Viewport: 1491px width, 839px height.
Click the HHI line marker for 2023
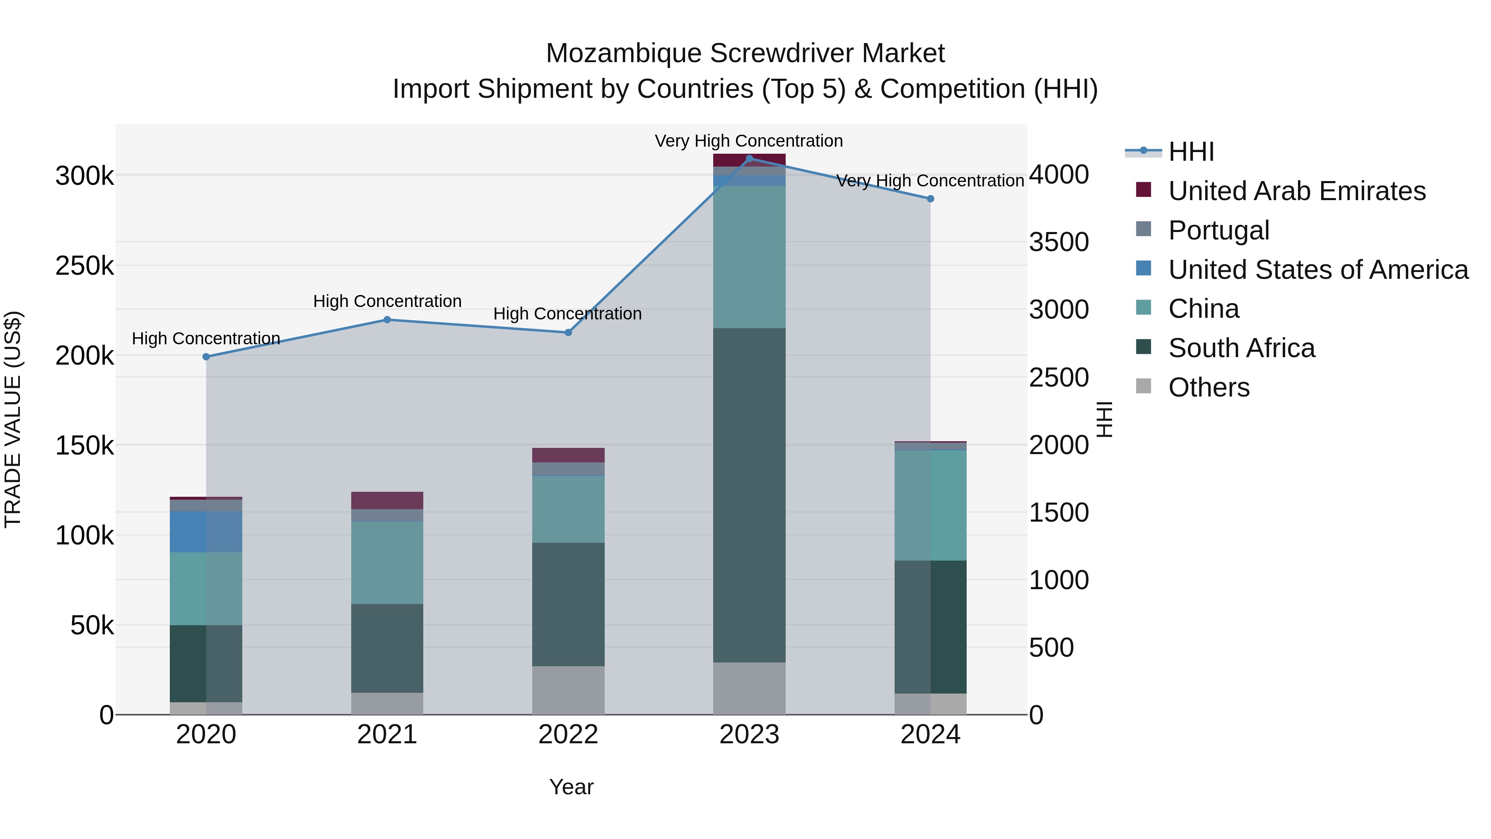click(x=749, y=159)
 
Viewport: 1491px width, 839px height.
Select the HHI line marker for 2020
click(x=206, y=357)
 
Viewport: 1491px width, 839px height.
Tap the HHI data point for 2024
click(x=930, y=198)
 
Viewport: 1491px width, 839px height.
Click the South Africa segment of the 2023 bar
click(x=749, y=495)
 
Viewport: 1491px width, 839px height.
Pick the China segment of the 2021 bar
click(x=387, y=562)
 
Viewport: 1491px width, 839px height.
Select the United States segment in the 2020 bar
click(x=206, y=532)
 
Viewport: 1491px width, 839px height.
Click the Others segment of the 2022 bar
click(x=568, y=690)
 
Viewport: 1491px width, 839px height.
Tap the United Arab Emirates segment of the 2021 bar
click(x=387, y=500)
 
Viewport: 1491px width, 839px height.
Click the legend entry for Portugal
click(x=1218, y=230)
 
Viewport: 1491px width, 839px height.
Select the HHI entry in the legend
click(x=1191, y=152)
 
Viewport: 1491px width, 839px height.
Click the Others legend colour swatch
click(x=1143, y=386)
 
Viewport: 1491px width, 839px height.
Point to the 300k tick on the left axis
click(x=84, y=176)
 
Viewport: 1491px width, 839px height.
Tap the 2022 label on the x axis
click(x=568, y=735)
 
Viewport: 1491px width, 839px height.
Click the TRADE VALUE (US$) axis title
click(x=13, y=419)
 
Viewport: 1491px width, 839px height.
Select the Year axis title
click(x=571, y=787)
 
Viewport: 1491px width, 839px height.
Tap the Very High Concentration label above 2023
click(x=748, y=141)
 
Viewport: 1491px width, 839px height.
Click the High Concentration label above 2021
click(x=387, y=301)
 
